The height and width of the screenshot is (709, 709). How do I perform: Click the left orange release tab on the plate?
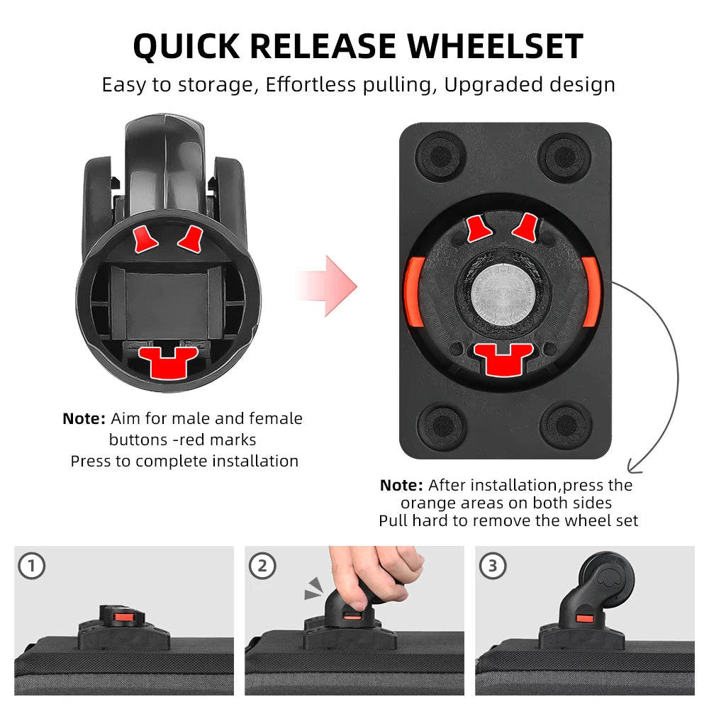pos(413,291)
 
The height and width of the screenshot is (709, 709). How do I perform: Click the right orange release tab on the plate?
pos(591,291)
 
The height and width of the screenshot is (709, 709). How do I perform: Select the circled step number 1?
pos(31,566)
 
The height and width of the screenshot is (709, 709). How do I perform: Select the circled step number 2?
pos(262,566)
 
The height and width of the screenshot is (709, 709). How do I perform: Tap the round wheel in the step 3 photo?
pos(605,579)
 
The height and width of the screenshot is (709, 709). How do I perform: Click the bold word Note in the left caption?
pos(84,419)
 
